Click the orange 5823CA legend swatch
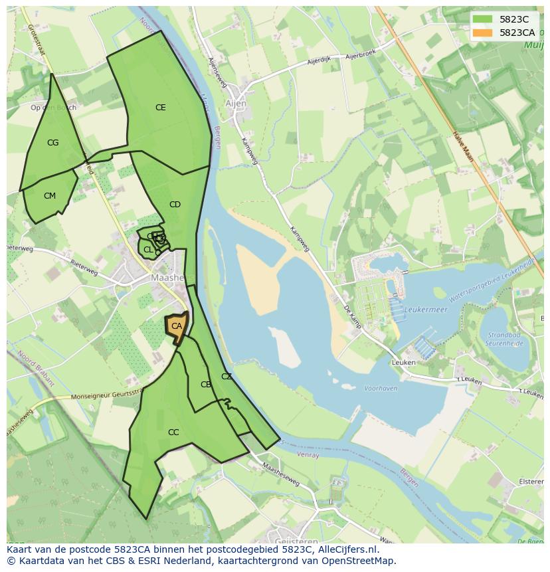coord(483,33)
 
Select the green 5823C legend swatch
coord(483,19)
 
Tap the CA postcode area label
coord(177,326)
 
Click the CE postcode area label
coord(160,108)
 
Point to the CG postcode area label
coord(53,143)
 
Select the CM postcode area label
coord(50,196)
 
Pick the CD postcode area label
coord(175,205)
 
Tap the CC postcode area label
coord(173,432)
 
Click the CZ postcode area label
coord(227,377)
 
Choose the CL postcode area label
coord(148,250)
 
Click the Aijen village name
coord(236,104)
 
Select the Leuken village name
coord(403,363)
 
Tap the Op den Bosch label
coord(53,108)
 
